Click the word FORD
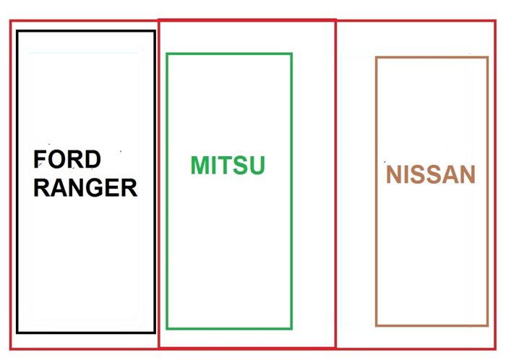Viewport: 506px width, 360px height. point(67,159)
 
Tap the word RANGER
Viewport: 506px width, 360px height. point(85,187)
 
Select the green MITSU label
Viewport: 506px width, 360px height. point(228,166)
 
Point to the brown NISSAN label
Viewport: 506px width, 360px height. point(431,175)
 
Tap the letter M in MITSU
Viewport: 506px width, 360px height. point(200,166)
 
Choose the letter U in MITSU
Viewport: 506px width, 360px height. point(256,166)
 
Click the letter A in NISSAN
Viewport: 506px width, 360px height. point(448,175)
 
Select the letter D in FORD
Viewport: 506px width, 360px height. point(92,159)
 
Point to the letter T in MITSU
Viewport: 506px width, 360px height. point(226,166)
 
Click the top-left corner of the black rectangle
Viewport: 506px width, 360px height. point(17,31)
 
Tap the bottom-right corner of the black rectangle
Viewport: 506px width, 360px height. point(154,332)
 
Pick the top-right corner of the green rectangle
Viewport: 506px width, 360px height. point(291,53)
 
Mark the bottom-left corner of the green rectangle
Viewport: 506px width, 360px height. point(167,328)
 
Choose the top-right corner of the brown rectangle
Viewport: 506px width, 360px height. point(487,58)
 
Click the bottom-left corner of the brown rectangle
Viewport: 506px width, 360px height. point(377,325)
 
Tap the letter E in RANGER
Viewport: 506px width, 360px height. point(110,187)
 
